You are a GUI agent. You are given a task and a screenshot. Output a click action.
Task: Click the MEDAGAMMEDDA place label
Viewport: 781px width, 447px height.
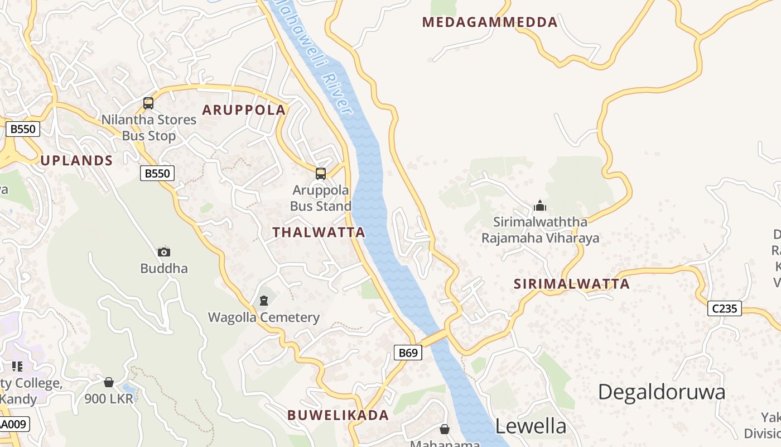tap(489, 22)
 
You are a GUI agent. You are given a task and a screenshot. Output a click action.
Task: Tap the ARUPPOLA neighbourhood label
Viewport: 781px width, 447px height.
tap(244, 110)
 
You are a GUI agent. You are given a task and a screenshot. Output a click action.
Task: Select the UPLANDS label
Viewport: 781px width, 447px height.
tap(76, 161)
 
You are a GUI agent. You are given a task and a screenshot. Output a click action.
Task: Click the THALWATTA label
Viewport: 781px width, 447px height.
tap(319, 232)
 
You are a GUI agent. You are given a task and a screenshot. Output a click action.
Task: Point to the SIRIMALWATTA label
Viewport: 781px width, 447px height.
tap(571, 284)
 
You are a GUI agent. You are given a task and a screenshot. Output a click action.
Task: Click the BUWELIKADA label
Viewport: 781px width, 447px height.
tap(338, 415)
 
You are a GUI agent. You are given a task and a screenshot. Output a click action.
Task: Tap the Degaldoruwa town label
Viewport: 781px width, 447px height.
tap(662, 392)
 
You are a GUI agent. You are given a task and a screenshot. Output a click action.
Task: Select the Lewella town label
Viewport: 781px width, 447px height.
tap(531, 426)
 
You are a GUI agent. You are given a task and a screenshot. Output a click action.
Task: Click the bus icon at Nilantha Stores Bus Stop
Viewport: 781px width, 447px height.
tap(148, 103)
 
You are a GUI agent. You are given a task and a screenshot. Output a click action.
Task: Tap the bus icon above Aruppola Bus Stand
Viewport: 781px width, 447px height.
tap(320, 174)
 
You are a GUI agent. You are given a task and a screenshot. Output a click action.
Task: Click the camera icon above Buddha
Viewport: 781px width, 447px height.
tap(163, 253)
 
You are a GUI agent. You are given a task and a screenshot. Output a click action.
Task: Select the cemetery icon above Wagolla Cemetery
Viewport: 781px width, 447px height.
tap(263, 301)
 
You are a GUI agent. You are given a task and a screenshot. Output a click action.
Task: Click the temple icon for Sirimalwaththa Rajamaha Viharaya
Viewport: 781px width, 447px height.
tap(539, 206)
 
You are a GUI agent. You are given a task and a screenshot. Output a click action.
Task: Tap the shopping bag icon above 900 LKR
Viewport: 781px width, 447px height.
tap(109, 382)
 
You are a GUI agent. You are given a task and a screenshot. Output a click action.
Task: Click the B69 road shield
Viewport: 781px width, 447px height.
tap(408, 353)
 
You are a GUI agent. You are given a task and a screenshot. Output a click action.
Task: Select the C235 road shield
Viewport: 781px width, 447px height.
tap(724, 308)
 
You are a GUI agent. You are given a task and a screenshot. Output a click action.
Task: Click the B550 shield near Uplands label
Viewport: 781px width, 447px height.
tap(157, 173)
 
